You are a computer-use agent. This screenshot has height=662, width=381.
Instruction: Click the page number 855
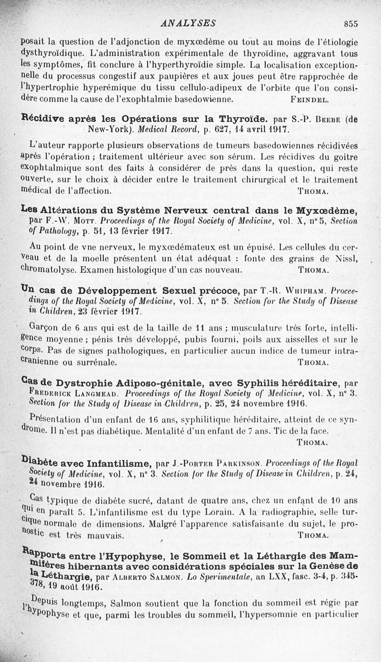350,23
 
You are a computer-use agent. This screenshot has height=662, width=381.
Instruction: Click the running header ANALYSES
189,23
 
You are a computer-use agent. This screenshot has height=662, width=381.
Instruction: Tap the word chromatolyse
49,269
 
